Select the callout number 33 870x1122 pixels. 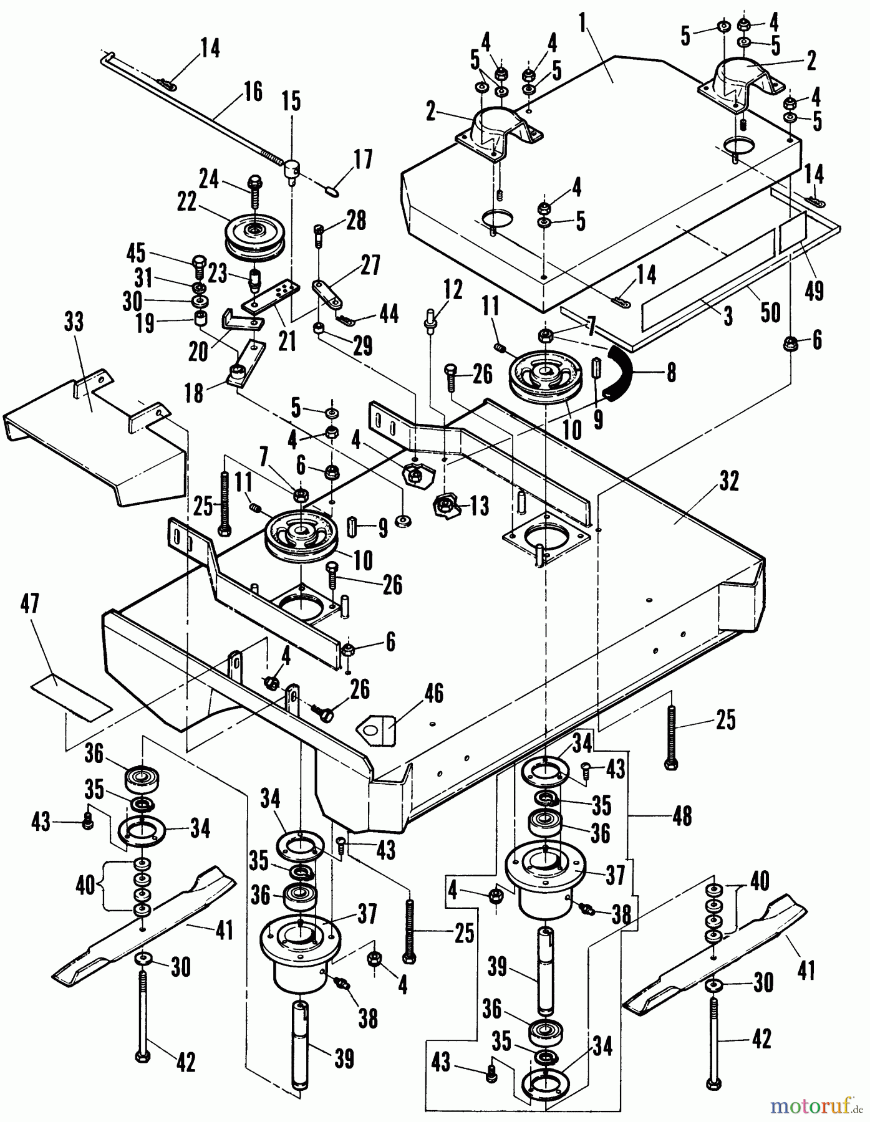tap(74, 324)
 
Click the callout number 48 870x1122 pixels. tap(682, 815)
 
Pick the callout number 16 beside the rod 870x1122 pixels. tap(252, 92)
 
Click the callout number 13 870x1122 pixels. tap(479, 506)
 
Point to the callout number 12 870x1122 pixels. tap(453, 290)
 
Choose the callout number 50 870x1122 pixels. tap(770, 312)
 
